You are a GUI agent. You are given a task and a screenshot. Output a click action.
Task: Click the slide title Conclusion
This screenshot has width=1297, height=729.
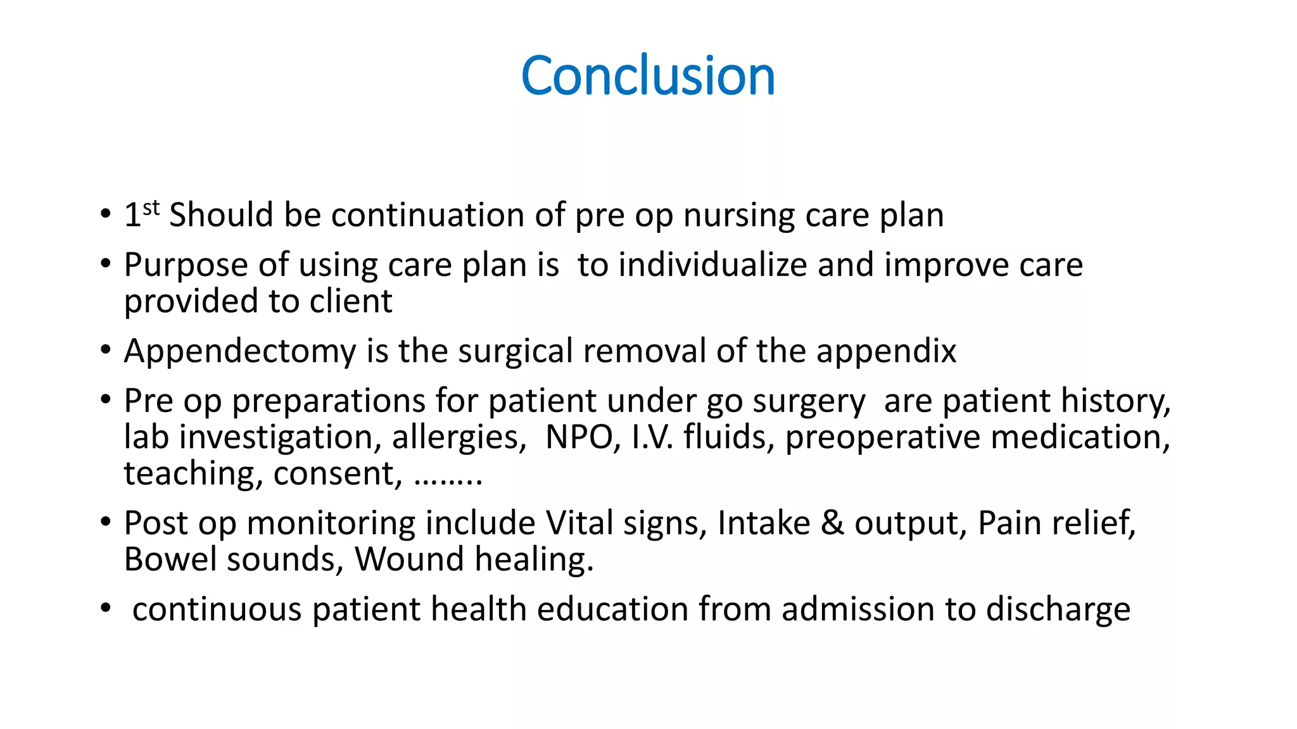pyautogui.click(x=648, y=76)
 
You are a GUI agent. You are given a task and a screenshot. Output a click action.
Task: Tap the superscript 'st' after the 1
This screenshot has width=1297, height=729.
pyautogui.click(x=151, y=208)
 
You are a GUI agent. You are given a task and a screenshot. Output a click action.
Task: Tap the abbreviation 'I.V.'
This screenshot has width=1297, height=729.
pyautogui.click(x=652, y=437)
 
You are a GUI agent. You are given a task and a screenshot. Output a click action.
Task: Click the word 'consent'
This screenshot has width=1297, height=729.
pyautogui.click(x=336, y=474)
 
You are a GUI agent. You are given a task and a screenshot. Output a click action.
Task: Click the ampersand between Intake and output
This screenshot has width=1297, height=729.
pyautogui.click(x=832, y=523)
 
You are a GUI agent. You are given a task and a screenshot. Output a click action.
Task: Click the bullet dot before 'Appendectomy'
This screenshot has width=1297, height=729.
pyautogui.click(x=105, y=351)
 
